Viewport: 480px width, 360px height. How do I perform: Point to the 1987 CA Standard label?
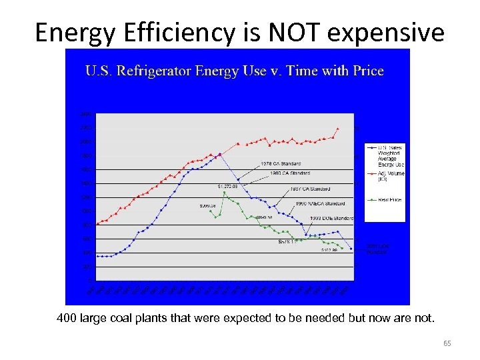coord(312,189)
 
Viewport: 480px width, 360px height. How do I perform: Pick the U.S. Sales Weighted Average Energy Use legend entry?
coord(391,155)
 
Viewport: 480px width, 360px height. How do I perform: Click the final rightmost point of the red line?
coord(338,128)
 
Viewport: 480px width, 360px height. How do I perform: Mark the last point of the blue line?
coord(351,249)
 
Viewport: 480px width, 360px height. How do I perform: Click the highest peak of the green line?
coord(225,193)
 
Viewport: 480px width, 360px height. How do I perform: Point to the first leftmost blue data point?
coord(97,256)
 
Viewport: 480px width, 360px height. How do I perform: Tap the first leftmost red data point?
coord(97,224)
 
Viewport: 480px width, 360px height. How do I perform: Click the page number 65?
coord(447,343)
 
